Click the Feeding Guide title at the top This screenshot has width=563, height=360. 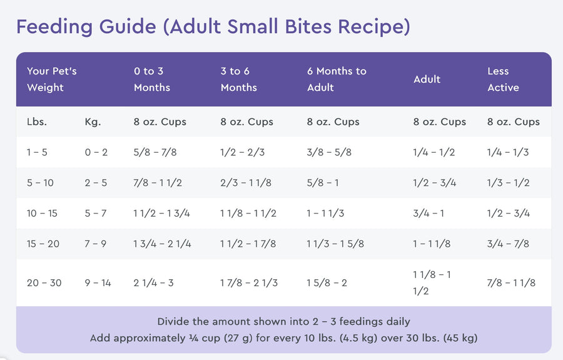click(x=213, y=27)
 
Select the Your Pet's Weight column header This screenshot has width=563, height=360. click(x=51, y=80)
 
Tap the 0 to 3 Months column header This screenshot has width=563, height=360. click(x=152, y=80)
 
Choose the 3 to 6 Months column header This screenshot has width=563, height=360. click(x=238, y=80)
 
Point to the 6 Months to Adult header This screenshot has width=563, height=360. click(x=337, y=80)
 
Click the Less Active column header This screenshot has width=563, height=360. click(x=503, y=80)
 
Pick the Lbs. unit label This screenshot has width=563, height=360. click(x=36, y=122)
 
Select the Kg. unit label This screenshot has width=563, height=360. click(x=93, y=122)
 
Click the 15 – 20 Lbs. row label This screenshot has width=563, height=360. click(x=43, y=244)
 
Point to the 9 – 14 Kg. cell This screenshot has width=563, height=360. click(x=98, y=283)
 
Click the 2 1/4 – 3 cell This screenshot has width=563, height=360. click(x=154, y=283)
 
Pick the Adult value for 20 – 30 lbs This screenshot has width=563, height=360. click(x=432, y=283)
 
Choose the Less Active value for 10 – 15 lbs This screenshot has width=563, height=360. click(x=509, y=213)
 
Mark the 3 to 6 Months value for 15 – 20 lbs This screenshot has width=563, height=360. click(x=248, y=244)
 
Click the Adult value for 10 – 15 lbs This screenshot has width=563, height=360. click(x=429, y=213)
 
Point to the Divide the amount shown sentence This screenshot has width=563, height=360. click(x=283, y=322)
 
